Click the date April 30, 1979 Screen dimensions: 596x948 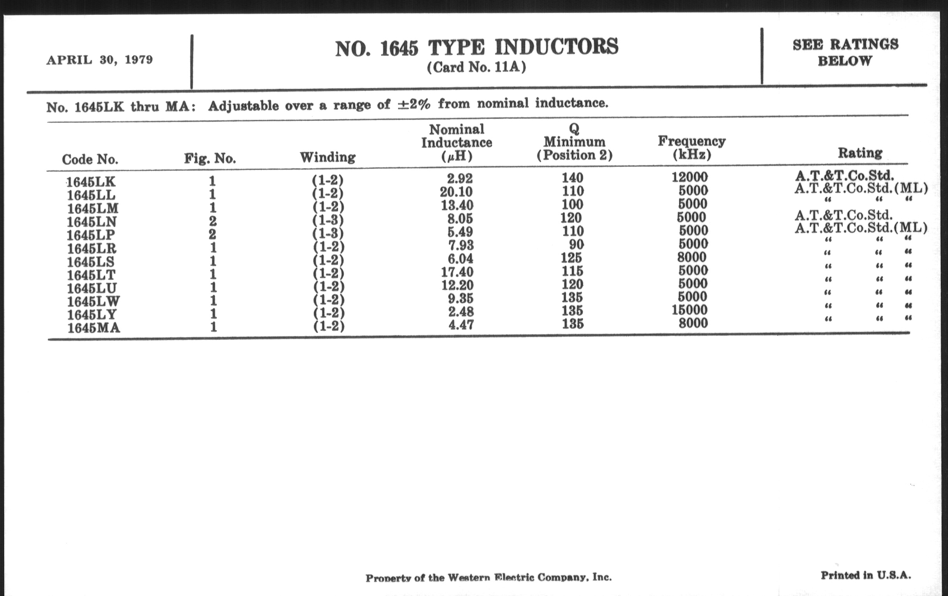100,60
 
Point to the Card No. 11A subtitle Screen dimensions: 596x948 476,68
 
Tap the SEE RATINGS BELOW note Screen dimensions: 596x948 845,52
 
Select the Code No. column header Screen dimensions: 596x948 90,159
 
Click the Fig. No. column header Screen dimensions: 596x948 210,159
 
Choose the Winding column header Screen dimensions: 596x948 327,157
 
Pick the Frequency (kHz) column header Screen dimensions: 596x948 692,148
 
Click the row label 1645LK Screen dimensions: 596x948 91,182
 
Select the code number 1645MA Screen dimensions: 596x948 93,328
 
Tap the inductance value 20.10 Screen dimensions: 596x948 456,192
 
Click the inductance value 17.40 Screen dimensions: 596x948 457,272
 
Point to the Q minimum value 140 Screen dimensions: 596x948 572,178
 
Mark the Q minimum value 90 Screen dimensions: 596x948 577,244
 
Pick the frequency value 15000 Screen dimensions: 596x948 689,310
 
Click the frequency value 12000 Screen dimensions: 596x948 689,177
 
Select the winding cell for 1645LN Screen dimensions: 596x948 328,220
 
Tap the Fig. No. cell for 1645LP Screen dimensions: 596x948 212,235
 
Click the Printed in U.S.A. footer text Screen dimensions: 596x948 866,575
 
